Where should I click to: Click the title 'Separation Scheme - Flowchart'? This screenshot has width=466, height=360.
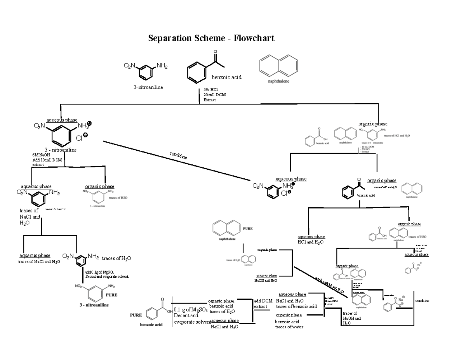pyautogui.click(x=211, y=38)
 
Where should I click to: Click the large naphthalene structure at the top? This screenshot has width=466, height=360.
pyautogui.click(x=278, y=66)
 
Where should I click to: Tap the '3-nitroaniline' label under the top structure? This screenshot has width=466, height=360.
pyautogui.click(x=148, y=87)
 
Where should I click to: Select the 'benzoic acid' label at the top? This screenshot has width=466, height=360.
pyautogui.click(x=226, y=77)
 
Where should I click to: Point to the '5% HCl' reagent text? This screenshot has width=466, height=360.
pyautogui.click(x=211, y=90)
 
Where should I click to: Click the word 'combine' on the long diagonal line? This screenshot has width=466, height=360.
pyautogui.click(x=178, y=155)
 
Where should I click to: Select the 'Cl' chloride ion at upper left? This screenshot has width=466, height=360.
pyautogui.click(x=79, y=137)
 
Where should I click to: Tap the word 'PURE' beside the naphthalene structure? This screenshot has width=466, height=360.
pyautogui.click(x=248, y=229)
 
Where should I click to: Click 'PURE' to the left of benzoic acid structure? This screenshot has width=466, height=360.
pyautogui.click(x=136, y=315)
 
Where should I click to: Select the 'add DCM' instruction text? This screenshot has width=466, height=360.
pyautogui.click(x=263, y=301)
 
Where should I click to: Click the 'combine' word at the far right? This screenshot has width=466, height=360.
pyautogui.click(x=422, y=301)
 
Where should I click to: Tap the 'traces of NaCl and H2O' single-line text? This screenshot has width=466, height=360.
pyautogui.click(x=39, y=262)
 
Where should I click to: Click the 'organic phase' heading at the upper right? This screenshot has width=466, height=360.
pyautogui.click(x=372, y=124)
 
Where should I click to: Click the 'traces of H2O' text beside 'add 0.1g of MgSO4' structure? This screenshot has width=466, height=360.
pyautogui.click(x=116, y=258)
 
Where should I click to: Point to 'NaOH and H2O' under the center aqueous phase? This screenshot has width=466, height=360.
pyautogui.click(x=266, y=280)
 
